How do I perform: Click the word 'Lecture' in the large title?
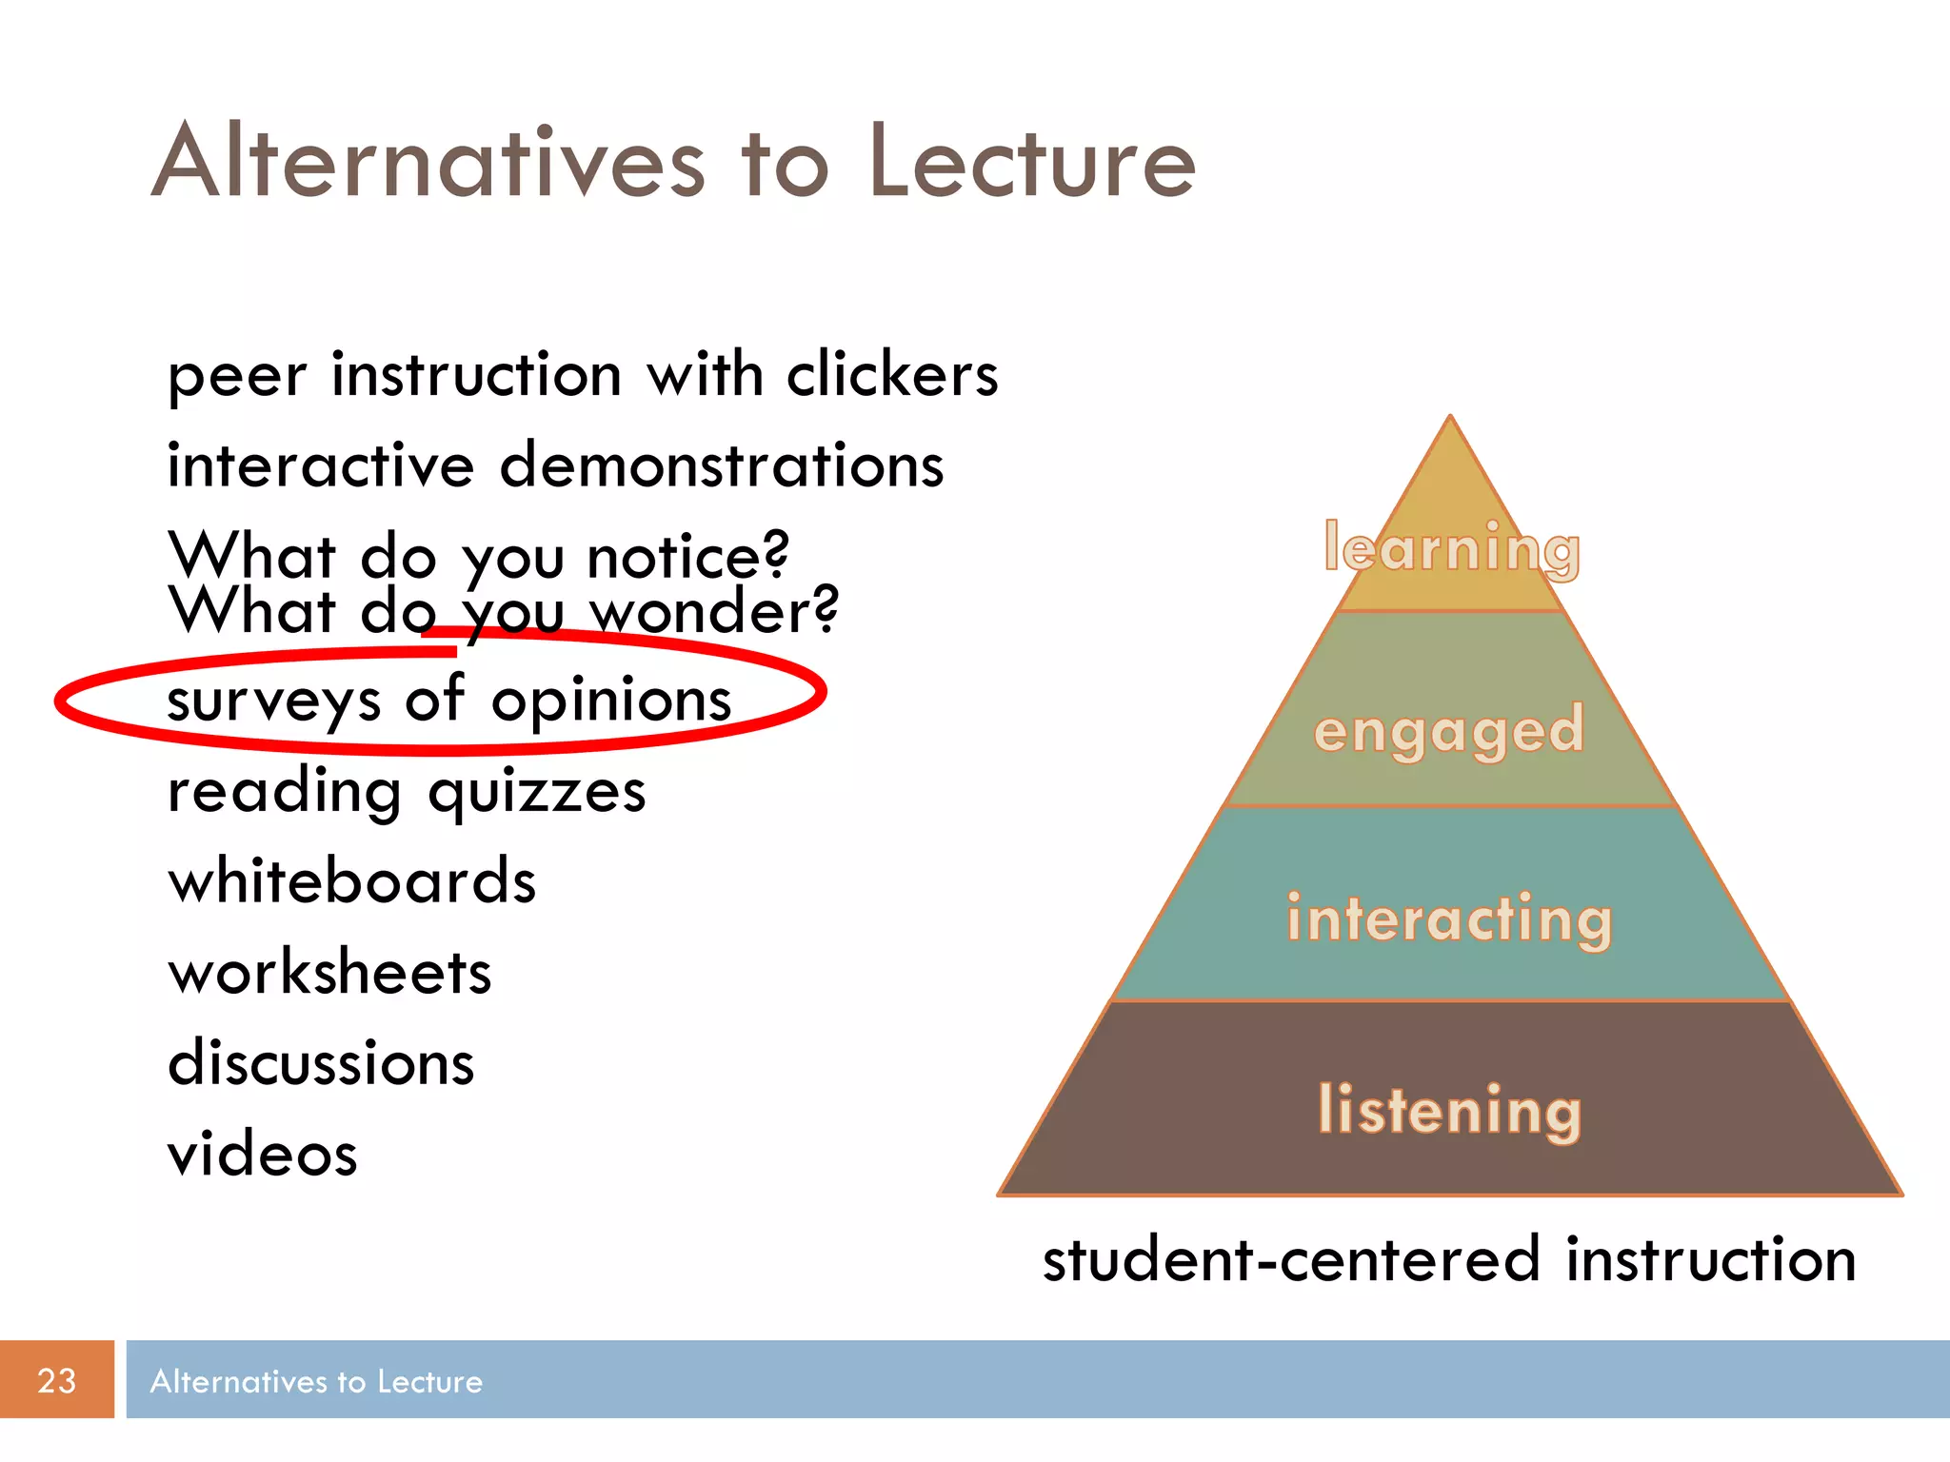(x=1032, y=162)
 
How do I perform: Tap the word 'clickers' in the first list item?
(x=892, y=374)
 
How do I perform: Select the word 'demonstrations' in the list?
(x=722, y=465)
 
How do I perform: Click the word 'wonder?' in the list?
(x=714, y=610)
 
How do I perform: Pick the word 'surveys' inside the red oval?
(x=274, y=701)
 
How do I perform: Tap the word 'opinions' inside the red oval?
(x=611, y=701)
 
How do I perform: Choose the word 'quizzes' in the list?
(x=537, y=792)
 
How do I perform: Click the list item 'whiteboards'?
(x=352, y=881)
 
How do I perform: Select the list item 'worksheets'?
(x=329, y=973)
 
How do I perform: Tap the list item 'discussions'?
(x=321, y=1063)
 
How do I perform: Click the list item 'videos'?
(x=263, y=1154)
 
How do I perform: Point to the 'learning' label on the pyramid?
(x=1451, y=549)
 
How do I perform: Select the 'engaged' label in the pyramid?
(x=1449, y=731)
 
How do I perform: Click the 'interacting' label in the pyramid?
(x=1449, y=919)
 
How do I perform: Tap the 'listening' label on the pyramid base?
(x=1449, y=1110)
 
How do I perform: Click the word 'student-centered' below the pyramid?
(x=1291, y=1259)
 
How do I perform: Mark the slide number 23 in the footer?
(x=56, y=1380)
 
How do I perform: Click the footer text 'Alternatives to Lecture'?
(x=316, y=1381)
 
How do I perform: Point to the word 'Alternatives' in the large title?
(x=428, y=162)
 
